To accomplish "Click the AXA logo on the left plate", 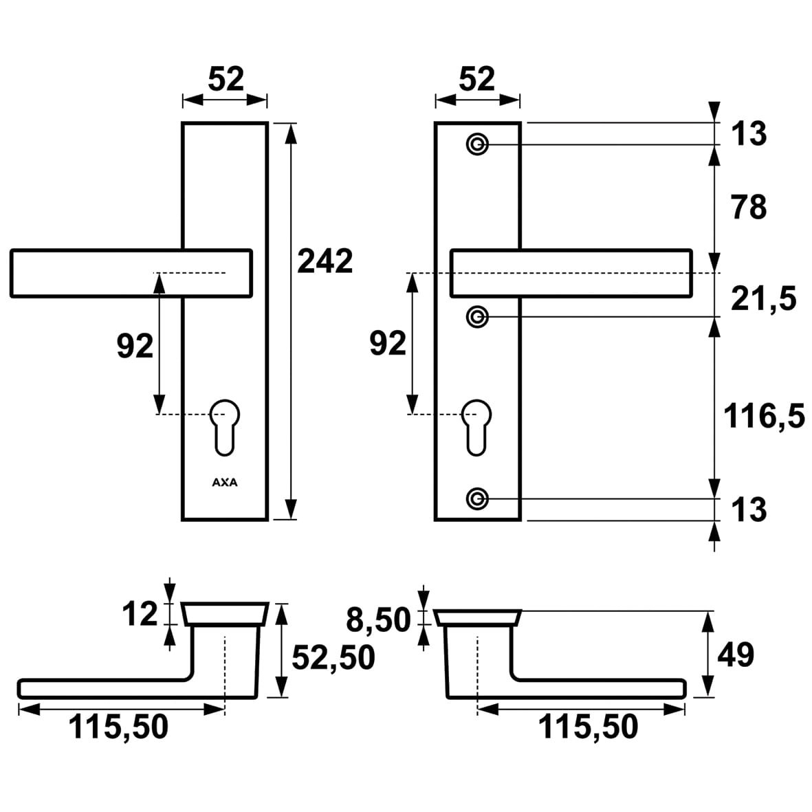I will click(224, 483).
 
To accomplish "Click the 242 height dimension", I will click(325, 261).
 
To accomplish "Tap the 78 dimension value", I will click(749, 206).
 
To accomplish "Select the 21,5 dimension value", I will click(763, 299).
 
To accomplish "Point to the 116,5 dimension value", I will click(764, 417).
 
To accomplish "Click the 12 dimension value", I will click(140, 614).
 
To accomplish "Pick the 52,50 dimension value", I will click(333, 658).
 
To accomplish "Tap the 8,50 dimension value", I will click(378, 620).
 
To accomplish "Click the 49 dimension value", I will click(736, 655).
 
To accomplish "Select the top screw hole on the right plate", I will click(477, 145).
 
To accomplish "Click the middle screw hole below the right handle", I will click(477, 317).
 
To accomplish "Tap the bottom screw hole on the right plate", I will click(477, 498).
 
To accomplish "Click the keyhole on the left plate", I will click(224, 426).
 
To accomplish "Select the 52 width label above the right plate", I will click(476, 80).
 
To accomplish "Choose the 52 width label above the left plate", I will click(226, 80).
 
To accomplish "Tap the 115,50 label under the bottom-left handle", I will click(118, 727).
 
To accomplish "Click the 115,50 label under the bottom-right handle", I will click(588, 727).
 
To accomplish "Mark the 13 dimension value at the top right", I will click(749, 133).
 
